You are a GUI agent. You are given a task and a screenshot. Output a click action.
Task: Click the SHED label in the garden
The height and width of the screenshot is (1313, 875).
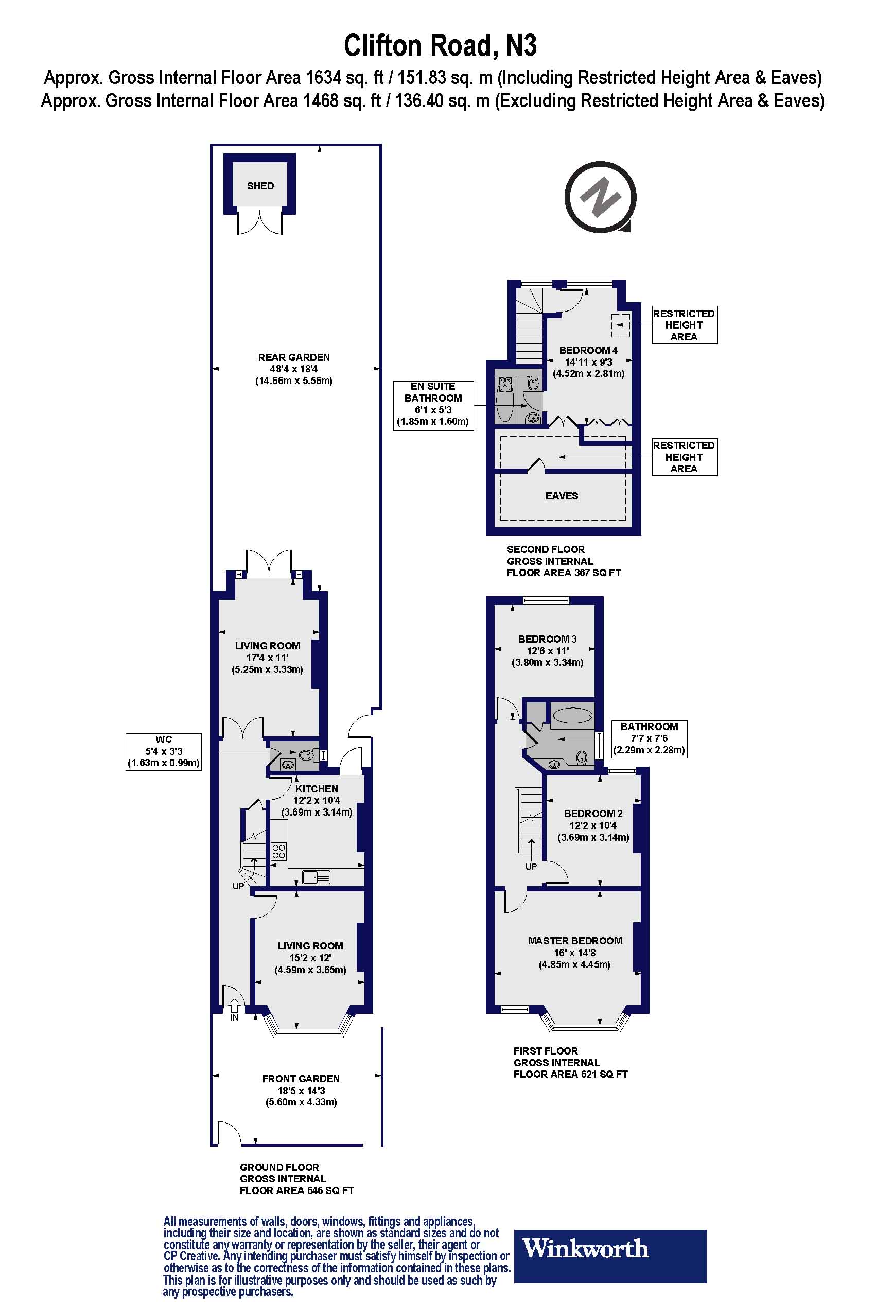click(x=260, y=186)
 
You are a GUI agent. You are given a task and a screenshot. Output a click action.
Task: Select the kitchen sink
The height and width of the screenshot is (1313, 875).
click(x=316, y=877)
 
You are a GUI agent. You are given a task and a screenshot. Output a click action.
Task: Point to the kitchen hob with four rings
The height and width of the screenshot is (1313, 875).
click(x=278, y=851)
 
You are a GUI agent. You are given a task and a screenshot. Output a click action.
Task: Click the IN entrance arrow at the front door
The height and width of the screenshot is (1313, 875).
click(x=234, y=1006)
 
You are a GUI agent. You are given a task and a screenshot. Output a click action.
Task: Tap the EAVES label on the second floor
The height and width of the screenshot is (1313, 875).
click(x=562, y=496)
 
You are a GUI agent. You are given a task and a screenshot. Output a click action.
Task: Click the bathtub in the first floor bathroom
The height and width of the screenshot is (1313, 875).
click(x=572, y=716)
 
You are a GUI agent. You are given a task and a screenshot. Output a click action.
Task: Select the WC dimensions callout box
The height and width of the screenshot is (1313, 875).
click(x=164, y=751)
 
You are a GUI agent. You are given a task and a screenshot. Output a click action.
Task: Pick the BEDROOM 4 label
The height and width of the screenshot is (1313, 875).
click(x=588, y=350)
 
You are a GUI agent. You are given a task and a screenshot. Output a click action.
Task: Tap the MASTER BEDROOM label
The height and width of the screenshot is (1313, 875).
click(x=575, y=941)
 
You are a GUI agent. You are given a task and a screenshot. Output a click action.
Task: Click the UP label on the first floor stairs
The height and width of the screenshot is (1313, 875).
click(x=531, y=867)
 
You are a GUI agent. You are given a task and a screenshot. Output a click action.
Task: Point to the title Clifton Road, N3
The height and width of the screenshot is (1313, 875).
click(x=440, y=46)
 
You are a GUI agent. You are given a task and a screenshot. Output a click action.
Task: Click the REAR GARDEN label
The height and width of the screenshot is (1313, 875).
click(x=293, y=357)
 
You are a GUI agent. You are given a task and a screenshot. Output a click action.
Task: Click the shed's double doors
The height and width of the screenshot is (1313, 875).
click(x=260, y=221)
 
